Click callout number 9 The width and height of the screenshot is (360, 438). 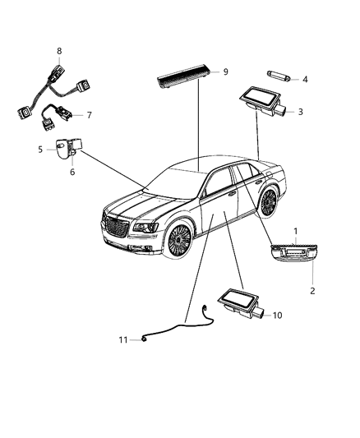pyautogui.click(x=224, y=72)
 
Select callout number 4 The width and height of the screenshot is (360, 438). pyautogui.click(x=305, y=80)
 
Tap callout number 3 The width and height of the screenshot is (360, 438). pyautogui.click(x=301, y=111)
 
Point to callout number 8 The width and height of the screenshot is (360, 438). pyautogui.click(x=59, y=51)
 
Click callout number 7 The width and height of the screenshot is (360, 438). pyautogui.click(x=90, y=115)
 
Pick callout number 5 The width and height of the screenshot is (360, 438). pyautogui.click(x=39, y=149)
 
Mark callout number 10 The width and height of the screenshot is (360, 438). pyautogui.click(x=276, y=315)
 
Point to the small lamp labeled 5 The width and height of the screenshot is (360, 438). pyautogui.click(x=63, y=149)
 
